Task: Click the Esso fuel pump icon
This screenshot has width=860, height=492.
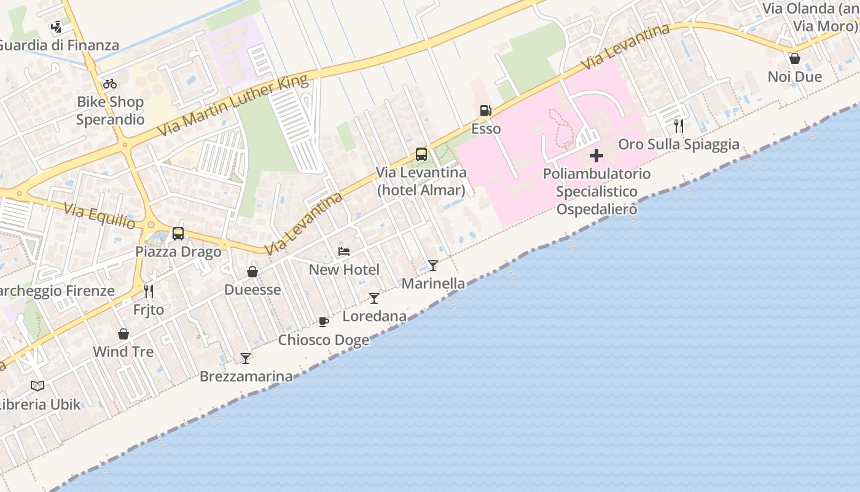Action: [485, 111]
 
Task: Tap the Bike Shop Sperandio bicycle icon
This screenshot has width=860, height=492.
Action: [110, 84]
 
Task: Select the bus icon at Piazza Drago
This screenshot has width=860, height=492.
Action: [178, 234]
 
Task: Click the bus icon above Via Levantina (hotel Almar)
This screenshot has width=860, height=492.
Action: [421, 154]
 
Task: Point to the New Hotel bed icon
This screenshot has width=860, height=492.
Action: [344, 252]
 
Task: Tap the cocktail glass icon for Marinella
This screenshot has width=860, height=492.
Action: [433, 266]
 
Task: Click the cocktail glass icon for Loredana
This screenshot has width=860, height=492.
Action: [374, 298]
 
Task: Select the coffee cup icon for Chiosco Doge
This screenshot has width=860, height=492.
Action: [324, 322]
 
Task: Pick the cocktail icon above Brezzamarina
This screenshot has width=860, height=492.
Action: [246, 358]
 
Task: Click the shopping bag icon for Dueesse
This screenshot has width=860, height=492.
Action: [252, 272]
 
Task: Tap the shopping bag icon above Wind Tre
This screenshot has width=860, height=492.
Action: [123, 334]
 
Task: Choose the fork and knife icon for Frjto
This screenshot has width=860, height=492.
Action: [148, 291]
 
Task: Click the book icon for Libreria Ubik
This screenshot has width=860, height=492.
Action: [37, 386]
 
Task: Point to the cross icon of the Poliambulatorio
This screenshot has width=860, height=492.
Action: [596, 156]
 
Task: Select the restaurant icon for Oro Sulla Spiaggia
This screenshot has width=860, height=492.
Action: [679, 126]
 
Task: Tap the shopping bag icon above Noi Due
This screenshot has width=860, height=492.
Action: [795, 58]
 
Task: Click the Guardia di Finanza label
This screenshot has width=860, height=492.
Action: [59, 46]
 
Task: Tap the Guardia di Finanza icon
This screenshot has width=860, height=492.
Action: [57, 27]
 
